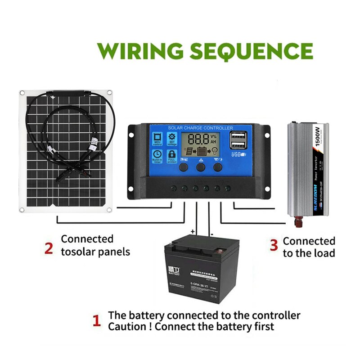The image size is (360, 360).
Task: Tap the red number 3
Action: [274, 245]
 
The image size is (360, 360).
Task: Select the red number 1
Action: [96, 321]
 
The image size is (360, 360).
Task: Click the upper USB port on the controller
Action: [238, 135]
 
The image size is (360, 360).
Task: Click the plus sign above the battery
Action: [193, 231]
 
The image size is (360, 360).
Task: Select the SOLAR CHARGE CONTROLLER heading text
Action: [200, 128]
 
